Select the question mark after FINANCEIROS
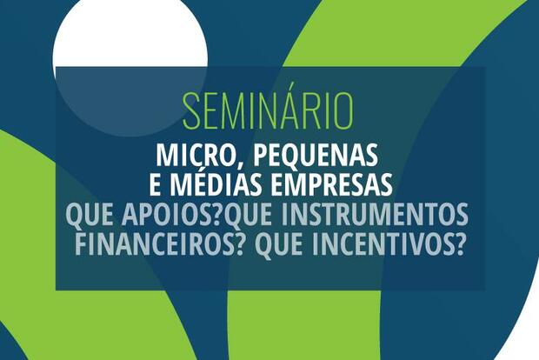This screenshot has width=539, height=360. [x=236, y=243]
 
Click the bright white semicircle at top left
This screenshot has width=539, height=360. [x=130, y=35]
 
